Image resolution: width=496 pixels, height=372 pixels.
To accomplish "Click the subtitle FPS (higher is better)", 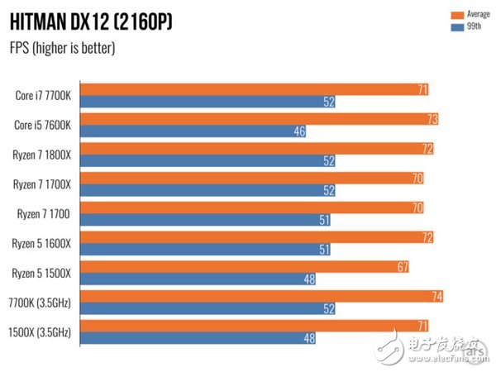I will point(62,47).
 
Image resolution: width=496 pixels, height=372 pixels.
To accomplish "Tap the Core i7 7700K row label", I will point(43,95).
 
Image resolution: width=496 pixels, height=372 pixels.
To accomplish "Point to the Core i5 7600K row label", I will point(43,125).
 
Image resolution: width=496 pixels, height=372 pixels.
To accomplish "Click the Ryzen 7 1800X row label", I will point(43,154).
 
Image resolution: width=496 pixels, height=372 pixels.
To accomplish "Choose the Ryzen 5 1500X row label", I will point(43,273).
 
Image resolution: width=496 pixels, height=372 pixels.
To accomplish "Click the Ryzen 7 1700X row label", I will point(43,184).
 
